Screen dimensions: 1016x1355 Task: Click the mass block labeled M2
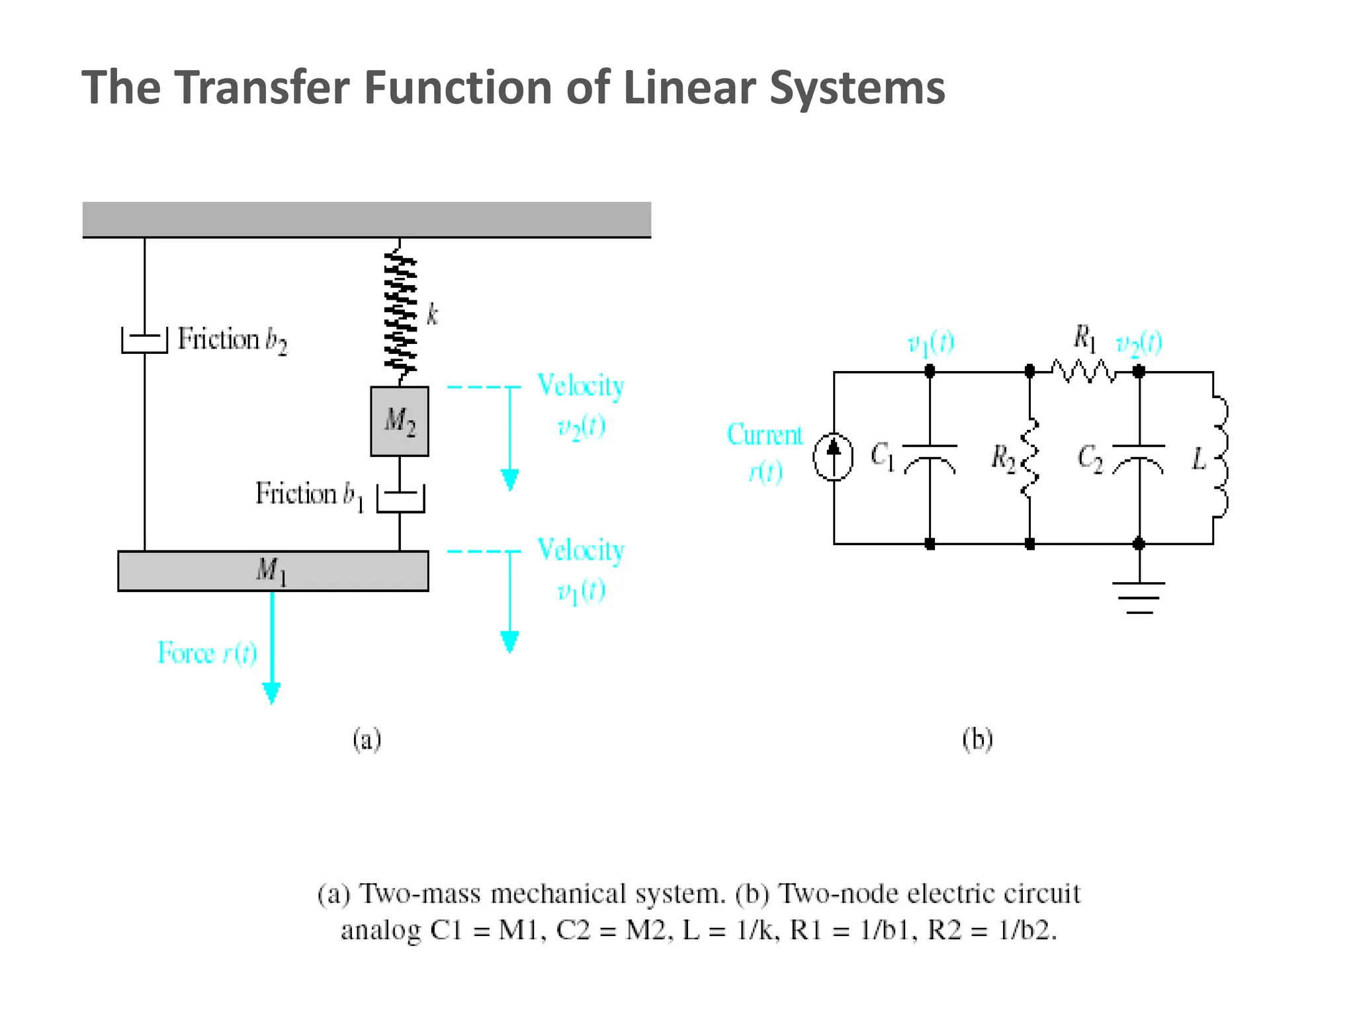coord(399,421)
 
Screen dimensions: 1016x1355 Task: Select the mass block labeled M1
coord(273,570)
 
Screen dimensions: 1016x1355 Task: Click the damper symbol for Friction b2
coord(144,341)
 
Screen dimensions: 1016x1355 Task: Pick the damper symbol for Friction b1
coord(400,497)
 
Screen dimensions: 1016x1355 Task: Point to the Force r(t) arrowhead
coord(271,693)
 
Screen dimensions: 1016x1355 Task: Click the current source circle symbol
coord(833,456)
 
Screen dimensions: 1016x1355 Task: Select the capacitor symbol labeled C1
coord(930,456)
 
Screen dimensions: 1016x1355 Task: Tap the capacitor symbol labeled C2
coord(1139,456)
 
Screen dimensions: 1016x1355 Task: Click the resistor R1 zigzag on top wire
coord(1083,372)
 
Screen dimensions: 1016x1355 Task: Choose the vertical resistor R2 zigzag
coord(1029,456)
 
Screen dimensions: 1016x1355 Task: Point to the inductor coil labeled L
coord(1219,456)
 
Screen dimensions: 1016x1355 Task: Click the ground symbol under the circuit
coord(1139,597)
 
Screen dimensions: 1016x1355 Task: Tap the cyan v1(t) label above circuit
coord(930,343)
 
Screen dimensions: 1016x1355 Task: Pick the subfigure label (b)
coord(977,739)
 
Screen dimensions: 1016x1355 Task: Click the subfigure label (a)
coord(367,739)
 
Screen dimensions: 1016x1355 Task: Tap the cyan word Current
coord(764,435)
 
